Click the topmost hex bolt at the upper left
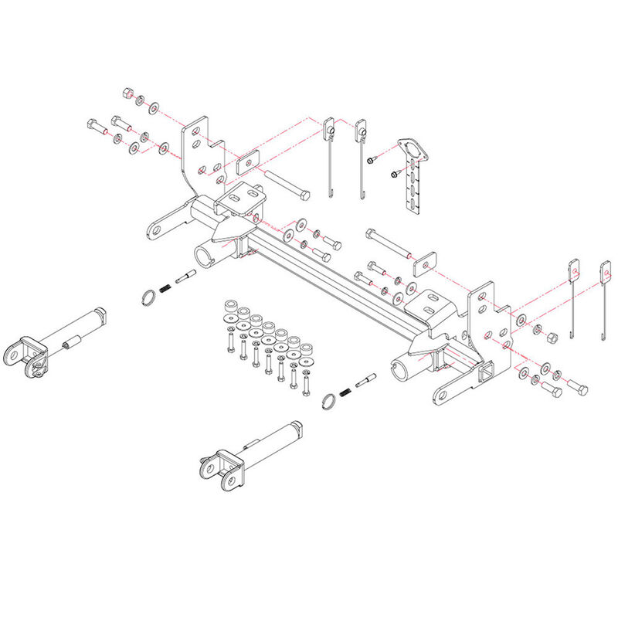click(x=126, y=93)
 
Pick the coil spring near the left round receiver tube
click(x=165, y=288)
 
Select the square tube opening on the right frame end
click(x=485, y=375)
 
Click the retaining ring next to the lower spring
click(x=328, y=399)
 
